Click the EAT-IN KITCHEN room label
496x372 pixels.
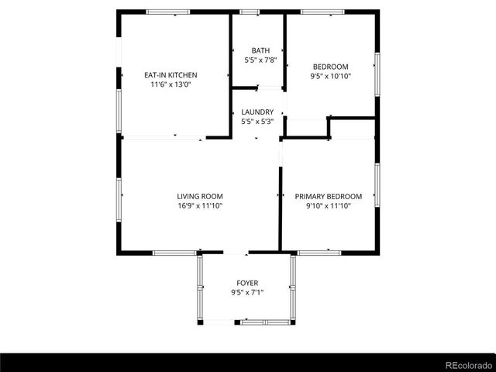coord(170,75)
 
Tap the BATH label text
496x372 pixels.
coord(250,50)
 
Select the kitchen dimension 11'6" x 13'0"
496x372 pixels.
coord(170,84)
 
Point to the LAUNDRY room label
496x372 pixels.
coord(257,112)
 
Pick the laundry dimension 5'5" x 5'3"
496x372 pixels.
coord(257,122)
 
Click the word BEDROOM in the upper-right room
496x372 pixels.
coord(330,67)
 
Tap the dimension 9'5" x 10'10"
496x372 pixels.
coord(330,76)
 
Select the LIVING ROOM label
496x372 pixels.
coord(200,197)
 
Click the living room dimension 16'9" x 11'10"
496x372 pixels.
coord(200,206)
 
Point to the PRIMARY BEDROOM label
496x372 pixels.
coord(328,197)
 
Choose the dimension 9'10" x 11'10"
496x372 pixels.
coord(328,206)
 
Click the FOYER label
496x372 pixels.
coord(247,283)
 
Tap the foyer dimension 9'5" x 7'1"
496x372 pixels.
coord(247,292)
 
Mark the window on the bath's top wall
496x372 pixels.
coord(250,12)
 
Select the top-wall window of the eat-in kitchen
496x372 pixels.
coord(169,12)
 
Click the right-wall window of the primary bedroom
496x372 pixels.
coord(377,184)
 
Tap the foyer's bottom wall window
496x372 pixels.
coord(263,322)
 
